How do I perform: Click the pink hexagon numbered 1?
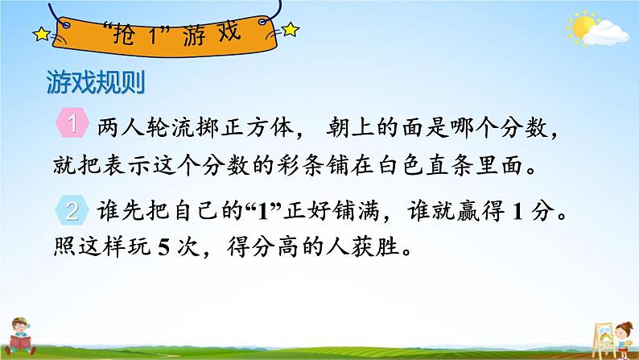72,122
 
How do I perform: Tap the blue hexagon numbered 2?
72,210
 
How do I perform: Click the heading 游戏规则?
96,83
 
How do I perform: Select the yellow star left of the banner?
42,35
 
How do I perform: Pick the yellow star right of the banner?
291,29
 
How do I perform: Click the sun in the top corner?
582,26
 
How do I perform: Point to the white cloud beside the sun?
606,34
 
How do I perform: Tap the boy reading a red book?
19,337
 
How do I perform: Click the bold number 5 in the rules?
163,247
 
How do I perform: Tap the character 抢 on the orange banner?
123,35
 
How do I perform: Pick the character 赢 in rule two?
468,212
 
